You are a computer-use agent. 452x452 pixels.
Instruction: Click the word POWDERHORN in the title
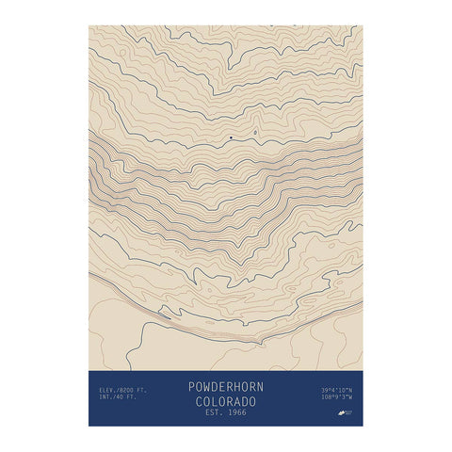click(226, 386)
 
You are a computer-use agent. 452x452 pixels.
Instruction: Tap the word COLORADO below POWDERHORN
click(226, 400)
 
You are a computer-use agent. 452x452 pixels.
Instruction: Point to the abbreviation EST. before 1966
click(214, 412)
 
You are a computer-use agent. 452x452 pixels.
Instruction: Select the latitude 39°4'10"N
click(336, 389)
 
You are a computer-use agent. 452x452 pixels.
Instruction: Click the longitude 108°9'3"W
click(337, 397)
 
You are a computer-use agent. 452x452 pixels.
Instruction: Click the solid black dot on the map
click(231, 137)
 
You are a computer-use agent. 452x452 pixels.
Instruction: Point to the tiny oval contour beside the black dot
click(255, 133)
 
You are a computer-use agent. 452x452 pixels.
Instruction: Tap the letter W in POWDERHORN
click(204, 386)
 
